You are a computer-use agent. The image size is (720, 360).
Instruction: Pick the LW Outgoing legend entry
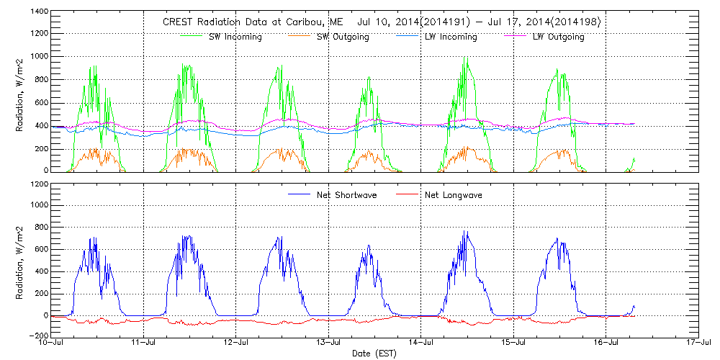coord(558,37)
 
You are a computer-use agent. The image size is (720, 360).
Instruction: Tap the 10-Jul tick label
coord(53,343)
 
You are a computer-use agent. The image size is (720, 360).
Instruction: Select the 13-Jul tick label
coord(329,343)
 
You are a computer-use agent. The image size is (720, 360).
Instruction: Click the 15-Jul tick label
coord(513,343)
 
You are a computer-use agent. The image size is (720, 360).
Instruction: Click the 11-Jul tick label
coord(145,343)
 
